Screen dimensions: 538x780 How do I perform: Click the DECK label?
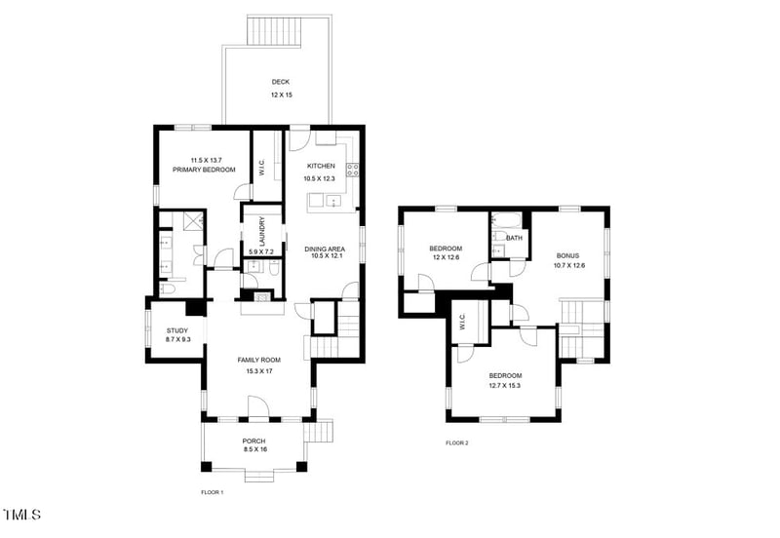tap(280, 82)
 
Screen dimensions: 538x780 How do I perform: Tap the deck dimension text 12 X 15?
tap(280, 96)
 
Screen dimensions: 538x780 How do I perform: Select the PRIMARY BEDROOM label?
tap(204, 170)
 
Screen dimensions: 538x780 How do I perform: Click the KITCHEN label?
tap(321, 167)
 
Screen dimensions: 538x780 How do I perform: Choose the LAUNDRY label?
tap(261, 231)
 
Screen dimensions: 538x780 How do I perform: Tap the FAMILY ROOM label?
tap(258, 360)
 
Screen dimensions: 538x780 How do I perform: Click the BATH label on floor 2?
tap(514, 237)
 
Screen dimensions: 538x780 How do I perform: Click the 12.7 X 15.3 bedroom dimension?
tap(504, 386)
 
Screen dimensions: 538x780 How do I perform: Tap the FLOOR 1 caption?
tap(213, 492)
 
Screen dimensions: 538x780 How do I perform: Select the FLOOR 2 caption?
tap(457, 443)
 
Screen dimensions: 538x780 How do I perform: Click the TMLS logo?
tap(22, 514)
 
